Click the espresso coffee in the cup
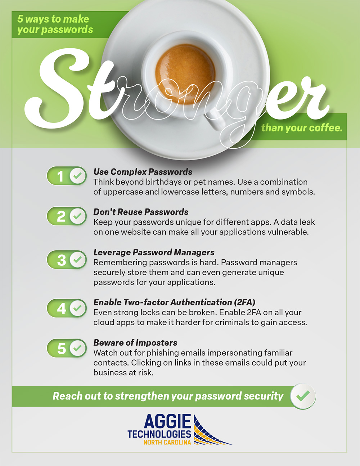click(x=185, y=74)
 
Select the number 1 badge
click(x=67, y=176)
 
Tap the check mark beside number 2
click(x=77, y=216)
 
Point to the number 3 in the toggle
click(x=62, y=260)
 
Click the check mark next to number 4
click(x=77, y=308)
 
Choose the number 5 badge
click(x=67, y=348)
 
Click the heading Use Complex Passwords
click(x=143, y=172)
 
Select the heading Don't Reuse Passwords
click(x=141, y=212)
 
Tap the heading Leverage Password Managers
click(x=154, y=252)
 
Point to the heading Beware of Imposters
click(x=135, y=343)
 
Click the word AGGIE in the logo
click(x=167, y=421)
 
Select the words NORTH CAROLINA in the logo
click(x=167, y=442)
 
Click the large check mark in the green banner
click(x=303, y=396)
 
